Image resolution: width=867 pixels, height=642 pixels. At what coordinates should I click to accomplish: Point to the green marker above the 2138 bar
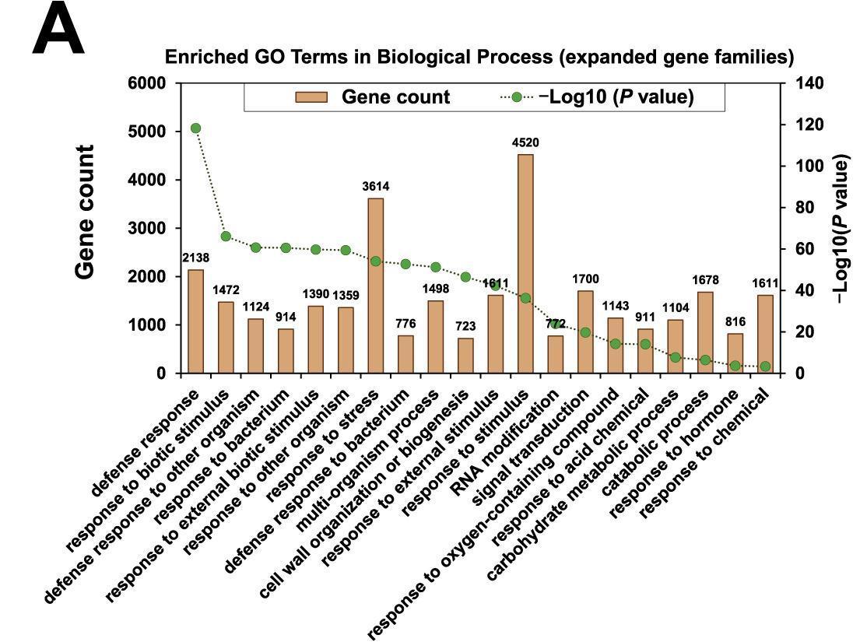(195, 128)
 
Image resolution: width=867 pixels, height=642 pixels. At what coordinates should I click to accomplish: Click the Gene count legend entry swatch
(311, 97)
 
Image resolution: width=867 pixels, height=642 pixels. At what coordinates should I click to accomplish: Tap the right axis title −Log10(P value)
(841, 227)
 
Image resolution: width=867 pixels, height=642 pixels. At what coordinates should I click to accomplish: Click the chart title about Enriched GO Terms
(479, 58)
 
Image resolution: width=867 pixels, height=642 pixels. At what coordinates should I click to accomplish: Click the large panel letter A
(58, 30)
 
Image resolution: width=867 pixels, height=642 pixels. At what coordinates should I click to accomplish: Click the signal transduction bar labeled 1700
(585, 332)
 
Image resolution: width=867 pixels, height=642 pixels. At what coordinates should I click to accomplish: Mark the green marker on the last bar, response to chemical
(765, 367)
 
